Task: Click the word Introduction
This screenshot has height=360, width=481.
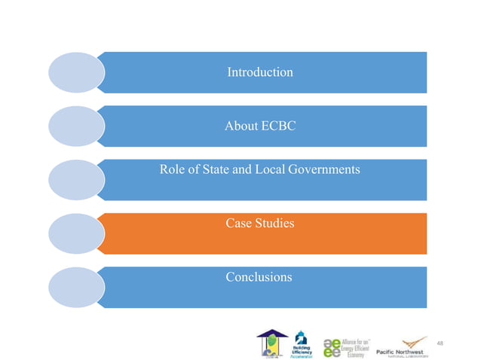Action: (x=260, y=72)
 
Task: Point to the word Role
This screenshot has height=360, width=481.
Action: (x=173, y=169)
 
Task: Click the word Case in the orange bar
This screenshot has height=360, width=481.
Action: (x=240, y=223)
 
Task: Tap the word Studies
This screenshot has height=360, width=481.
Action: (x=275, y=223)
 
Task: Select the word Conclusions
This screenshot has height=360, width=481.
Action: (x=259, y=277)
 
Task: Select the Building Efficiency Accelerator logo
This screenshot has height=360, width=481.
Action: (x=301, y=343)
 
